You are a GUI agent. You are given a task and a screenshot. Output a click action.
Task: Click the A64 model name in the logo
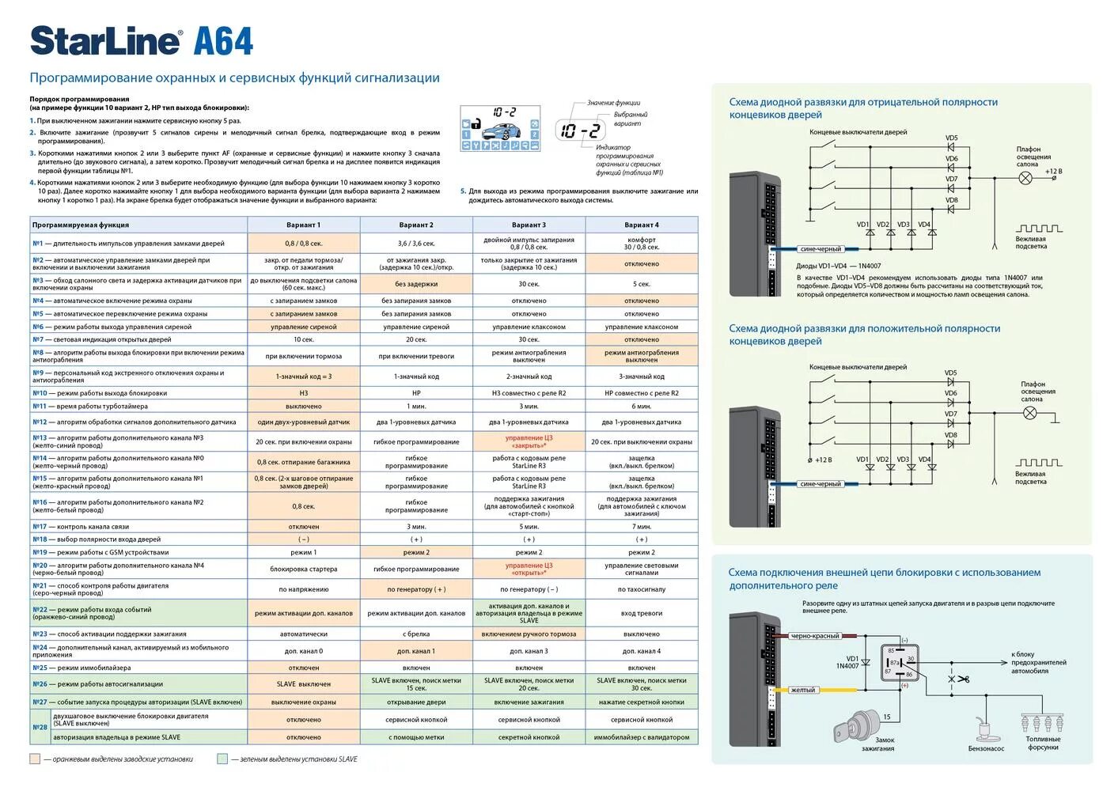pos(223,41)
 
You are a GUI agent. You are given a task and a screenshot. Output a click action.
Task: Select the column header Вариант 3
pos(529,225)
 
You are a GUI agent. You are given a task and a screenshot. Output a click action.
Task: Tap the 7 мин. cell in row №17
pos(641,526)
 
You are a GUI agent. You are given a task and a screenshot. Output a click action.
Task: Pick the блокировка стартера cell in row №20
pos(304,569)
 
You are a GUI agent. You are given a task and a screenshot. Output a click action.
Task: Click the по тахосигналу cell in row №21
pos(641,589)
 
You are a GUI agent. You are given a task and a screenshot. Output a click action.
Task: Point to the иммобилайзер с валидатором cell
pos(641,737)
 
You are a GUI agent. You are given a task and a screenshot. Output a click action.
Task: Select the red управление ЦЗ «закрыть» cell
pos(529,441)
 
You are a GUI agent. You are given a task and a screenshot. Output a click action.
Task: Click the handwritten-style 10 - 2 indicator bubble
pos(580,131)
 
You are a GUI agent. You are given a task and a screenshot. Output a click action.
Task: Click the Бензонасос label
pos(986,748)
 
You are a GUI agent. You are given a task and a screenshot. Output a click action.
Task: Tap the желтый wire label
pos(802,690)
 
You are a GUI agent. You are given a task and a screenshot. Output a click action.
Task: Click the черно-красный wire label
pos(814,636)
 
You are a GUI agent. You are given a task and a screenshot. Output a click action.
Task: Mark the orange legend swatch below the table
pos(35,759)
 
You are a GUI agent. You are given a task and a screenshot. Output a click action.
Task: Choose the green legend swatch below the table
pos(222,759)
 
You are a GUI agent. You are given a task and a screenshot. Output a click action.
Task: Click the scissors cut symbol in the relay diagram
pos(958,679)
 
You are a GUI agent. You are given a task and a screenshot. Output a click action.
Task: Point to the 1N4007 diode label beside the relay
pos(847,666)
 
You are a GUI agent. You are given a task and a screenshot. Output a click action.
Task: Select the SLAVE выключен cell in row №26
pos(304,684)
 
